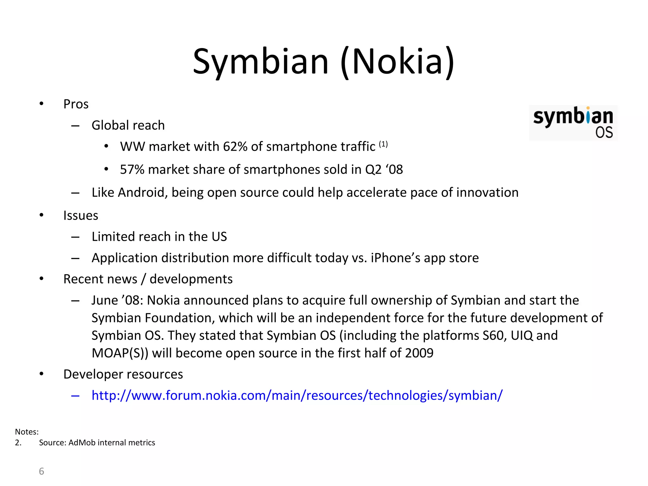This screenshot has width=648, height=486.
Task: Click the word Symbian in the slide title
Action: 260,61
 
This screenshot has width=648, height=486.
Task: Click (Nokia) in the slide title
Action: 397,61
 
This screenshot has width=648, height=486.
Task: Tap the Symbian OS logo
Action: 573,123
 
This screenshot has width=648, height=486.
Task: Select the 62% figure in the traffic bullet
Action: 235,147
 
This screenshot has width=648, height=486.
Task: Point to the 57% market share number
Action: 132,170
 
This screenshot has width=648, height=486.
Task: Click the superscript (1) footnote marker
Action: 383,144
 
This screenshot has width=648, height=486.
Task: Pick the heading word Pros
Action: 76,104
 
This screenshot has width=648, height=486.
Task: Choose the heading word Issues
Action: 81,215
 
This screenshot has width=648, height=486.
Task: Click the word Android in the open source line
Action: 142,192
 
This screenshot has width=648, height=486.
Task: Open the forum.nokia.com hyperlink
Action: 297,396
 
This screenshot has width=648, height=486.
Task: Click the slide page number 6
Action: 41,471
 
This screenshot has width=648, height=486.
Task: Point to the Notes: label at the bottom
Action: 27,432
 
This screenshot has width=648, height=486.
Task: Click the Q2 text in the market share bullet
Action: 373,170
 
